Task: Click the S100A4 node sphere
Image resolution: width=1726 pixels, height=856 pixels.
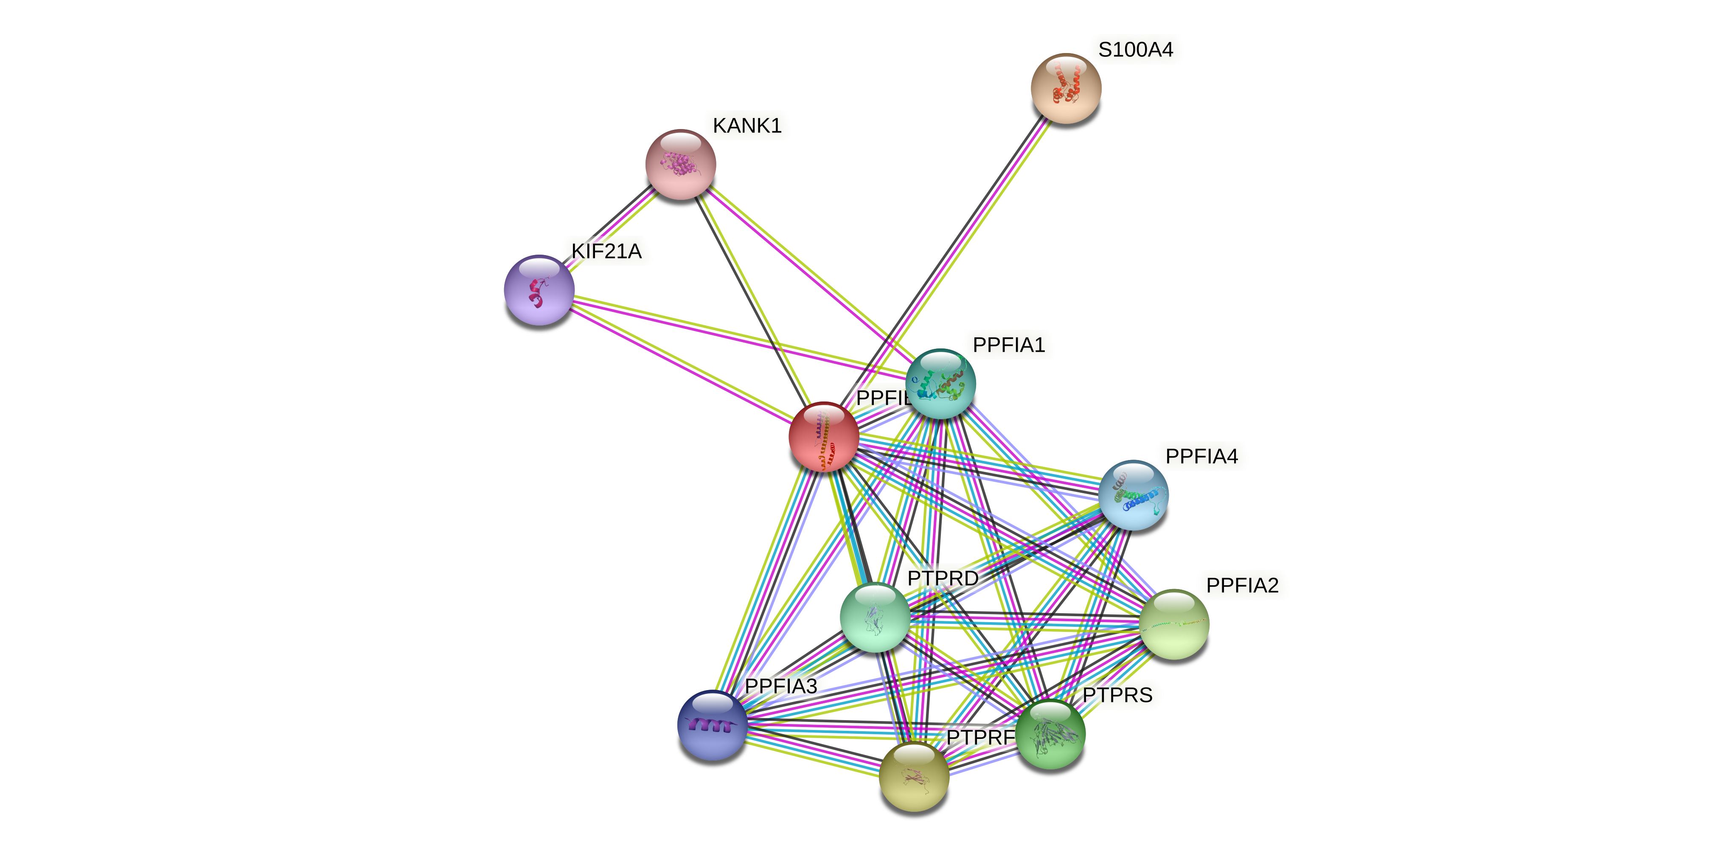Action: coord(1065,88)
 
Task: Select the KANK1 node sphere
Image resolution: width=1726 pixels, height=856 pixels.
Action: coord(680,164)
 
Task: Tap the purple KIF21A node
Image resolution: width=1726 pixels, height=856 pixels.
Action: coord(539,290)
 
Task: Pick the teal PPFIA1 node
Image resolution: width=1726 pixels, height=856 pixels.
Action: coord(940,384)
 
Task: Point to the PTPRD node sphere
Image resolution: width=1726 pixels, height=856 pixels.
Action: coord(874,617)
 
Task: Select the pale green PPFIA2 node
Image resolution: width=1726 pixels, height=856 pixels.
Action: coord(1173,624)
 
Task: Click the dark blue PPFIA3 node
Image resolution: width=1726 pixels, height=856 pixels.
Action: coord(712,725)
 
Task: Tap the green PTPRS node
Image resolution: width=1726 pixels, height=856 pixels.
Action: coord(1050,734)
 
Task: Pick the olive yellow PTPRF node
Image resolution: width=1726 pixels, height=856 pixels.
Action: coord(913,777)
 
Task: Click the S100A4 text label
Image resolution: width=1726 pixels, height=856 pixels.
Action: coord(1136,50)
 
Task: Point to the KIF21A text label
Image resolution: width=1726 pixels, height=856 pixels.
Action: coord(606,251)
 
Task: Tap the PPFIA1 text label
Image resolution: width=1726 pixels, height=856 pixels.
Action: coord(1008,345)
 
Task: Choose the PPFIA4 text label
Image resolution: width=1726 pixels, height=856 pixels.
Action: coord(1201,456)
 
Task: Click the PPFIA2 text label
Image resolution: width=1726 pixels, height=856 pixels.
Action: coord(1242,585)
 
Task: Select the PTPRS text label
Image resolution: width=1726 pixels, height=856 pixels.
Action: coord(1117,695)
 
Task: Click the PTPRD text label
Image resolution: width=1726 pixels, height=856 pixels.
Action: coord(943,578)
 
